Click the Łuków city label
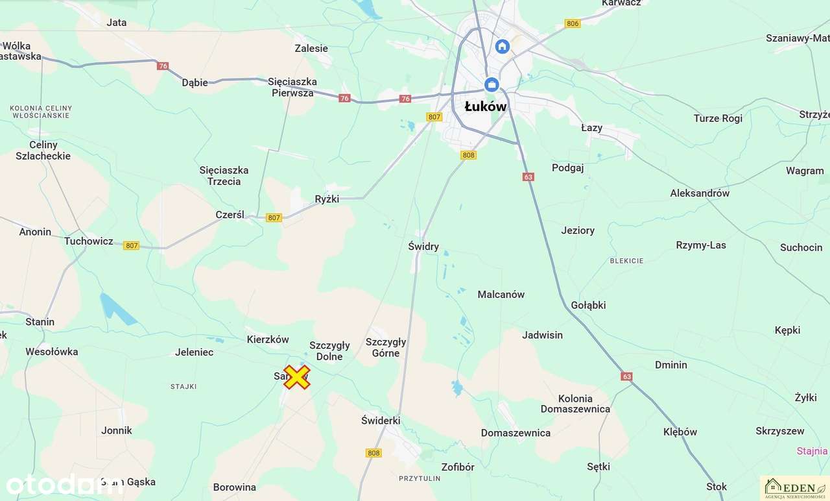point(486,106)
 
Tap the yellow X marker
point(296,377)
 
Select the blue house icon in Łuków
point(502,46)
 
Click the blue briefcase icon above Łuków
point(492,84)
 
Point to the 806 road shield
point(572,23)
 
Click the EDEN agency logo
point(794,487)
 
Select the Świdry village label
point(423,247)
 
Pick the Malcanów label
point(501,295)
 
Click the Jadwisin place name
point(542,335)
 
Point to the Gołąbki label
point(588,305)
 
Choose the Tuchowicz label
point(88,241)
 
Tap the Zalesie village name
point(311,49)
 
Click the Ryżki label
point(327,199)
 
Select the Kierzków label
point(268,339)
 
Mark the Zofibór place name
point(458,467)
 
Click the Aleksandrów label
point(700,193)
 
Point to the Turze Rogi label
point(718,119)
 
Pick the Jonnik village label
point(117,430)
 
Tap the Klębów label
point(680,432)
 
